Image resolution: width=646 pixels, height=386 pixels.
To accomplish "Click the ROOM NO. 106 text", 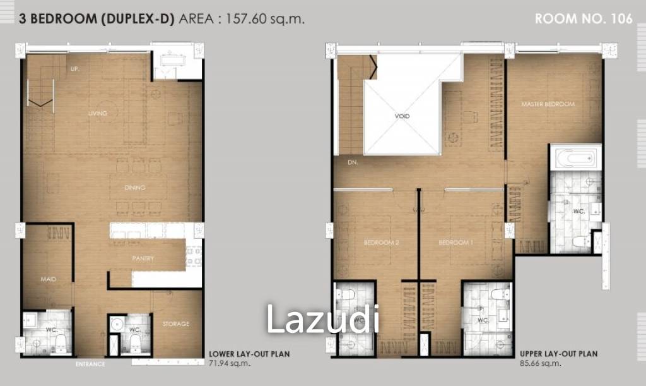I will point(583,19).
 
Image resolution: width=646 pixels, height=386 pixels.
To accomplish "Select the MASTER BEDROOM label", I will point(548,104).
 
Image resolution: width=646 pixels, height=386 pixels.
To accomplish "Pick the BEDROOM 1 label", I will point(455,243).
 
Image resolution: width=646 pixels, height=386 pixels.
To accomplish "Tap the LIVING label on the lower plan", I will point(98,114).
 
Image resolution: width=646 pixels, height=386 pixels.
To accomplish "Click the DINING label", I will point(135,188).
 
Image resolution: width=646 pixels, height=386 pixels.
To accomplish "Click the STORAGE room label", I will point(176,324).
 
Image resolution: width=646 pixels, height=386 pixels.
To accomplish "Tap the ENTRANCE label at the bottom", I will point(90,365).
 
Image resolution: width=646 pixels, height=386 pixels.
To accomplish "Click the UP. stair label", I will point(74,69).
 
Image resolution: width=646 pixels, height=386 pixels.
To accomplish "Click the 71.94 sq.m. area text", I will point(229,363).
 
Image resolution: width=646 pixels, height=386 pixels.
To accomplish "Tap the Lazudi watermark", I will point(322,319).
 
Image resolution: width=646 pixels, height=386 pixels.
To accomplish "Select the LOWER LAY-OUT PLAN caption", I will point(249,354).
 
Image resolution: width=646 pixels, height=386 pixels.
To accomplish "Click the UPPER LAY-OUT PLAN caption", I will point(559,354).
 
